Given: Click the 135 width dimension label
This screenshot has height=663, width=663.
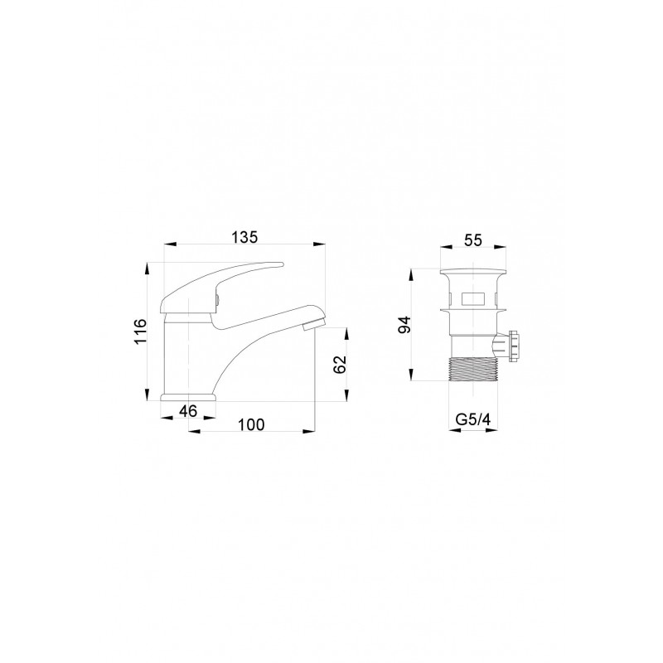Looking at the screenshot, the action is (x=244, y=238).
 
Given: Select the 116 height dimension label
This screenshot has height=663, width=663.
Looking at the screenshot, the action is (x=140, y=331).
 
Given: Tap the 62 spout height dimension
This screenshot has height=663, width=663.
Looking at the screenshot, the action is (x=340, y=364).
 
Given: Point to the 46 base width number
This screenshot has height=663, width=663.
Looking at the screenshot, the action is (x=188, y=410).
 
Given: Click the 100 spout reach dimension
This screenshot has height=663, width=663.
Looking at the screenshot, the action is (x=251, y=424).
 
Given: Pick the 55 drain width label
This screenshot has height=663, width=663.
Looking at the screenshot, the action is (x=472, y=240).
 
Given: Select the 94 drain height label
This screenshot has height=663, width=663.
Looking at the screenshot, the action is (x=404, y=325).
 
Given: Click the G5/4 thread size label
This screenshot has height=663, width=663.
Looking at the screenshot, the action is (x=472, y=420).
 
